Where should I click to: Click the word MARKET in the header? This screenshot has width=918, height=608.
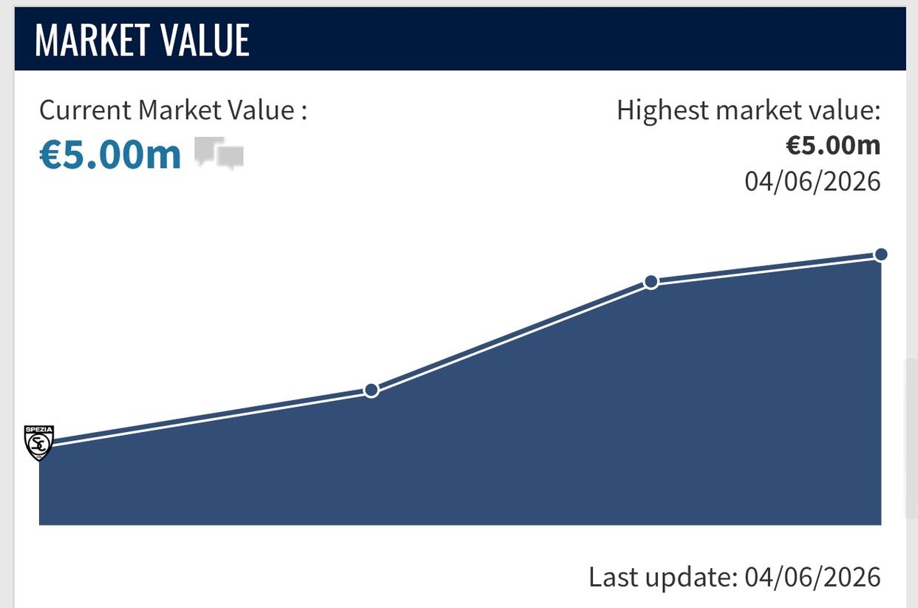92,40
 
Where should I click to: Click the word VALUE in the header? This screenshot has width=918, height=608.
205,40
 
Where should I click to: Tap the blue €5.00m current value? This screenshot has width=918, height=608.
110,155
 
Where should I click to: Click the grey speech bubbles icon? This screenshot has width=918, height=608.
220,153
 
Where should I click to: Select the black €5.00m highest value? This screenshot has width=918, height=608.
833,145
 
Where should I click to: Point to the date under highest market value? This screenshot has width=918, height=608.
812,181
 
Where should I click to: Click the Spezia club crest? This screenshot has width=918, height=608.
39,443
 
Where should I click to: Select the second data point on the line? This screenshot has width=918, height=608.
371,390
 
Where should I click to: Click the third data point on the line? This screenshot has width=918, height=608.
651,282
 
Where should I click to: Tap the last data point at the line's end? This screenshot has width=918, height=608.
881,254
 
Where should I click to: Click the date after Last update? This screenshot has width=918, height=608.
812,577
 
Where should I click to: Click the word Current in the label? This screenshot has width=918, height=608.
85,110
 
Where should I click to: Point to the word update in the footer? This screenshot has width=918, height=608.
691,579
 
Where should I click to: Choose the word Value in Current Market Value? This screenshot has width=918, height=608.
261,110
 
